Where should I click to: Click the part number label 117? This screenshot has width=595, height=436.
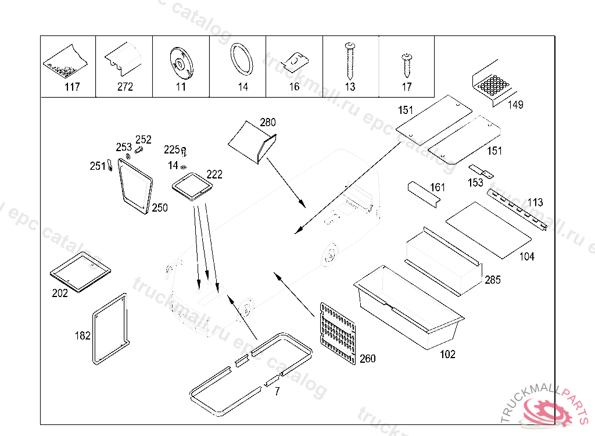point(72,87)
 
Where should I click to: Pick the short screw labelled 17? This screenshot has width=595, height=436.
point(406,65)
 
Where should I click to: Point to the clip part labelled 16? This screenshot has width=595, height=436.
point(296,60)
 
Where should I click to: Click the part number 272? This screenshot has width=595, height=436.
point(125,87)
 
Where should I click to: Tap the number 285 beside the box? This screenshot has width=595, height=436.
point(493,280)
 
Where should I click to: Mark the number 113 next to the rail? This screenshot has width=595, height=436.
point(535,202)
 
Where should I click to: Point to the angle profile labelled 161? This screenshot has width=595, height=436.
point(422,193)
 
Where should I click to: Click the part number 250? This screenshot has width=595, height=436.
point(160,208)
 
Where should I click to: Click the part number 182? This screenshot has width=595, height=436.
point(83,335)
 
